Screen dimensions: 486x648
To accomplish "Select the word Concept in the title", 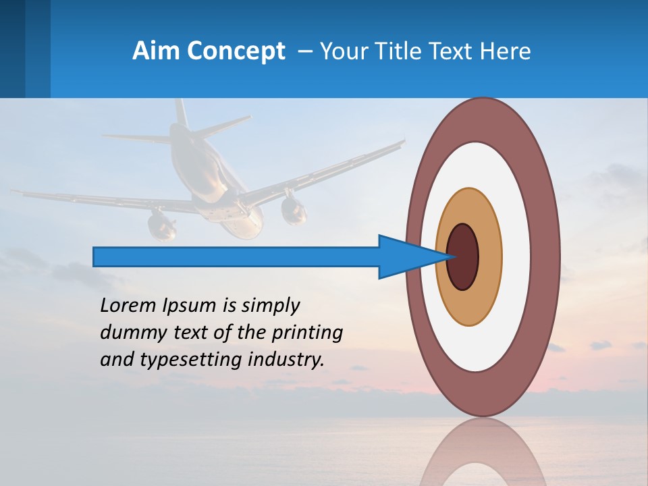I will click(235, 51).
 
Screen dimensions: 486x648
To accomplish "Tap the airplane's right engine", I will click(294, 211).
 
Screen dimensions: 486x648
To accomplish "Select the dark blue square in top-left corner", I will click(12, 49).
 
